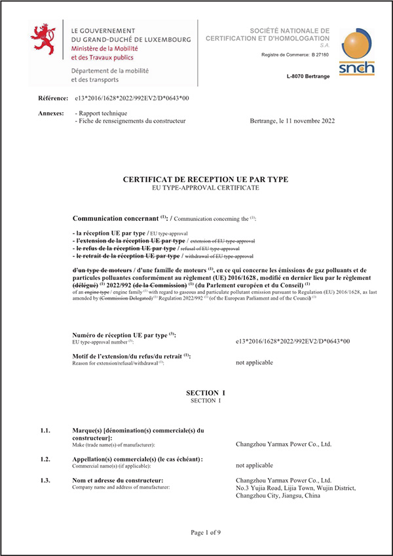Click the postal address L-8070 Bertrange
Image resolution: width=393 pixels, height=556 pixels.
(308, 77)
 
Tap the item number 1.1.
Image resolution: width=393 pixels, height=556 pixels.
(45, 431)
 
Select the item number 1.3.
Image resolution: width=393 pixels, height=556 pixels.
(45, 481)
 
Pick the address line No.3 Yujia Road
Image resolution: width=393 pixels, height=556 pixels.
(295, 488)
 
